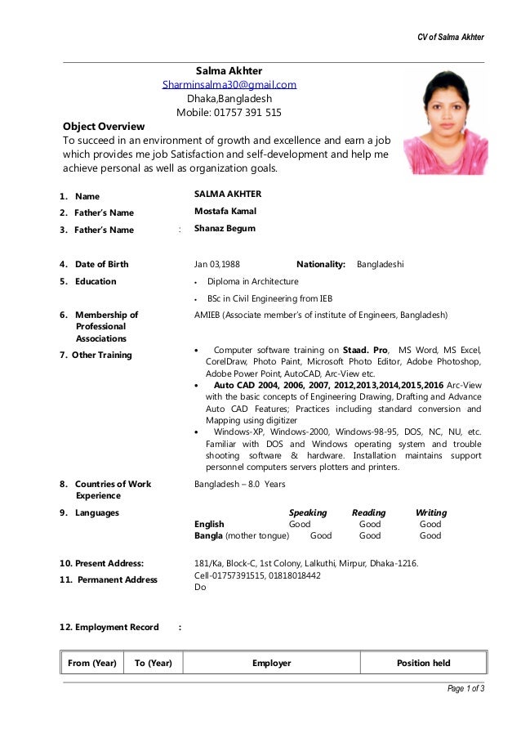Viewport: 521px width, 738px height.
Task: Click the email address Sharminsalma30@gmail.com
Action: [229, 84]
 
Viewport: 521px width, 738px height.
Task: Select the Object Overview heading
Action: [104, 127]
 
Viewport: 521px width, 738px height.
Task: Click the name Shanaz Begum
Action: [225, 229]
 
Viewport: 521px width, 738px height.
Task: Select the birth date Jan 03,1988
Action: [217, 265]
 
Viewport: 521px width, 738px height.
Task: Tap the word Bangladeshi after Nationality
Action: [381, 265]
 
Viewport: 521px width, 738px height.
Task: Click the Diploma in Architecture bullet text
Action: [252, 281]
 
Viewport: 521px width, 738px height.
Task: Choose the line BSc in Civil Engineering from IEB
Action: [269, 298]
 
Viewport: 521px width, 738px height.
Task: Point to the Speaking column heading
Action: [308, 512]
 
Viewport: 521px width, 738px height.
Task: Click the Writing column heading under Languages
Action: [431, 512]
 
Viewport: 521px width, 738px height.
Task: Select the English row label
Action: [209, 524]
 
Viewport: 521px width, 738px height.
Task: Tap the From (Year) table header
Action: [92, 663]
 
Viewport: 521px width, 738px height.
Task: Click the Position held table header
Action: [423, 663]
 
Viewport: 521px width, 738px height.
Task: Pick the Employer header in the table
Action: [272, 663]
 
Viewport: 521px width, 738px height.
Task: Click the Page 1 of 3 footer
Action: [465, 688]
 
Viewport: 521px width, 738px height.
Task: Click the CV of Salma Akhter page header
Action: [451, 38]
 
